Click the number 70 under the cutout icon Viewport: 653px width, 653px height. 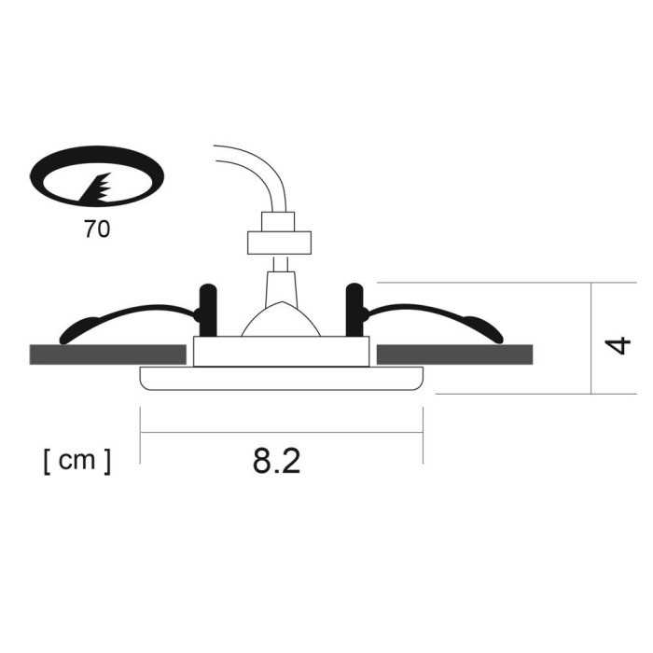coord(96,229)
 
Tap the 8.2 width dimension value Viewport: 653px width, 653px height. coord(276,461)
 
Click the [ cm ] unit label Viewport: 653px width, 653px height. coord(76,461)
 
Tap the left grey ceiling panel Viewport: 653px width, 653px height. coord(106,354)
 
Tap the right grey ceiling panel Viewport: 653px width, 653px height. coord(454,354)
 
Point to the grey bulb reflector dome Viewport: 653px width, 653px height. coord(281,322)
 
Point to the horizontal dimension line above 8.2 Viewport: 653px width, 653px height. coord(281,432)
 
